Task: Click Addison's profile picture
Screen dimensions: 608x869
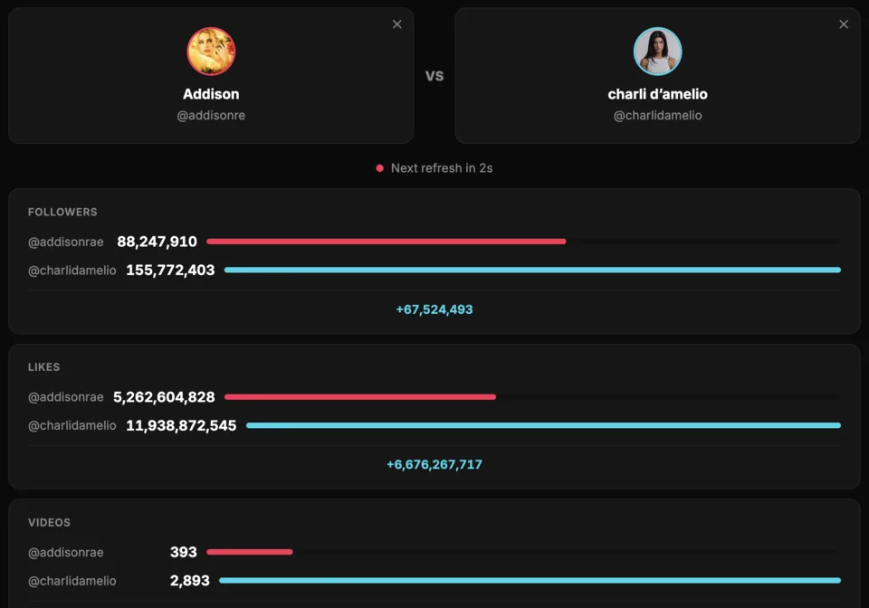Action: click(211, 52)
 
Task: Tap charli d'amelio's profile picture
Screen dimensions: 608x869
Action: click(657, 52)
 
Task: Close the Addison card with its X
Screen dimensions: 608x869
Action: click(396, 24)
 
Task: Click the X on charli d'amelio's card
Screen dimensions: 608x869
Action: click(844, 24)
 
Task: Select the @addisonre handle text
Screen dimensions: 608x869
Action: click(211, 116)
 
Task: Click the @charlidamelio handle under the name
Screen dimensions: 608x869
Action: click(657, 116)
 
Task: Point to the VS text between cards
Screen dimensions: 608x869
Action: click(434, 76)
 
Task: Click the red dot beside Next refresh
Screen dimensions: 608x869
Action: click(380, 168)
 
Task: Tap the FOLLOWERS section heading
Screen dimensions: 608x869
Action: click(62, 212)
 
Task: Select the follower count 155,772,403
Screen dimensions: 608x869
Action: click(170, 270)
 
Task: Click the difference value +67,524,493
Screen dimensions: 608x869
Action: click(434, 309)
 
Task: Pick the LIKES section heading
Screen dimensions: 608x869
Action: click(43, 367)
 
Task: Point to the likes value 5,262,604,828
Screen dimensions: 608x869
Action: click(164, 397)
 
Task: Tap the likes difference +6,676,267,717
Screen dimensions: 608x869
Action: click(434, 465)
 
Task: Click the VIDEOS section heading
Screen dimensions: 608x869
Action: click(49, 523)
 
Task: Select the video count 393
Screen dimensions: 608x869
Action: click(183, 553)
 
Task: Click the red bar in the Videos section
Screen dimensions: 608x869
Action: click(250, 552)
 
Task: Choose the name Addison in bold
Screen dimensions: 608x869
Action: click(211, 94)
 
